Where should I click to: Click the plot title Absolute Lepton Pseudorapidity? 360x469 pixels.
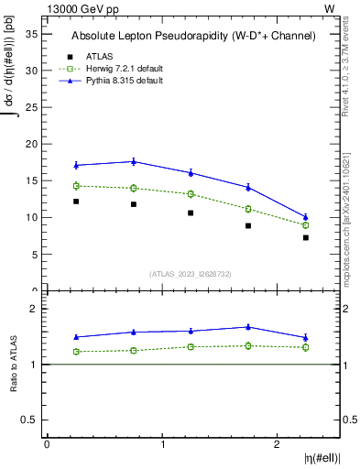(193, 36)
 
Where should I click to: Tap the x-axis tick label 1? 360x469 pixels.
(162, 444)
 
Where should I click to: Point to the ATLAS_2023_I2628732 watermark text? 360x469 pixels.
(191, 273)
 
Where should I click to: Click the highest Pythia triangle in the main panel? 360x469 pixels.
(134, 161)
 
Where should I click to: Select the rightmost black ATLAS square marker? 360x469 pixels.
(306, 237)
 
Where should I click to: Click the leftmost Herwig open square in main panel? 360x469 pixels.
(76, 186)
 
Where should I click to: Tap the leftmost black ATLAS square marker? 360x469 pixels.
(76, 202)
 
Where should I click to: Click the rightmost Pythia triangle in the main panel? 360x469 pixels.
(306, 217)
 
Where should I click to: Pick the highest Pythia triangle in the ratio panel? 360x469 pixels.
(248, 326)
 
